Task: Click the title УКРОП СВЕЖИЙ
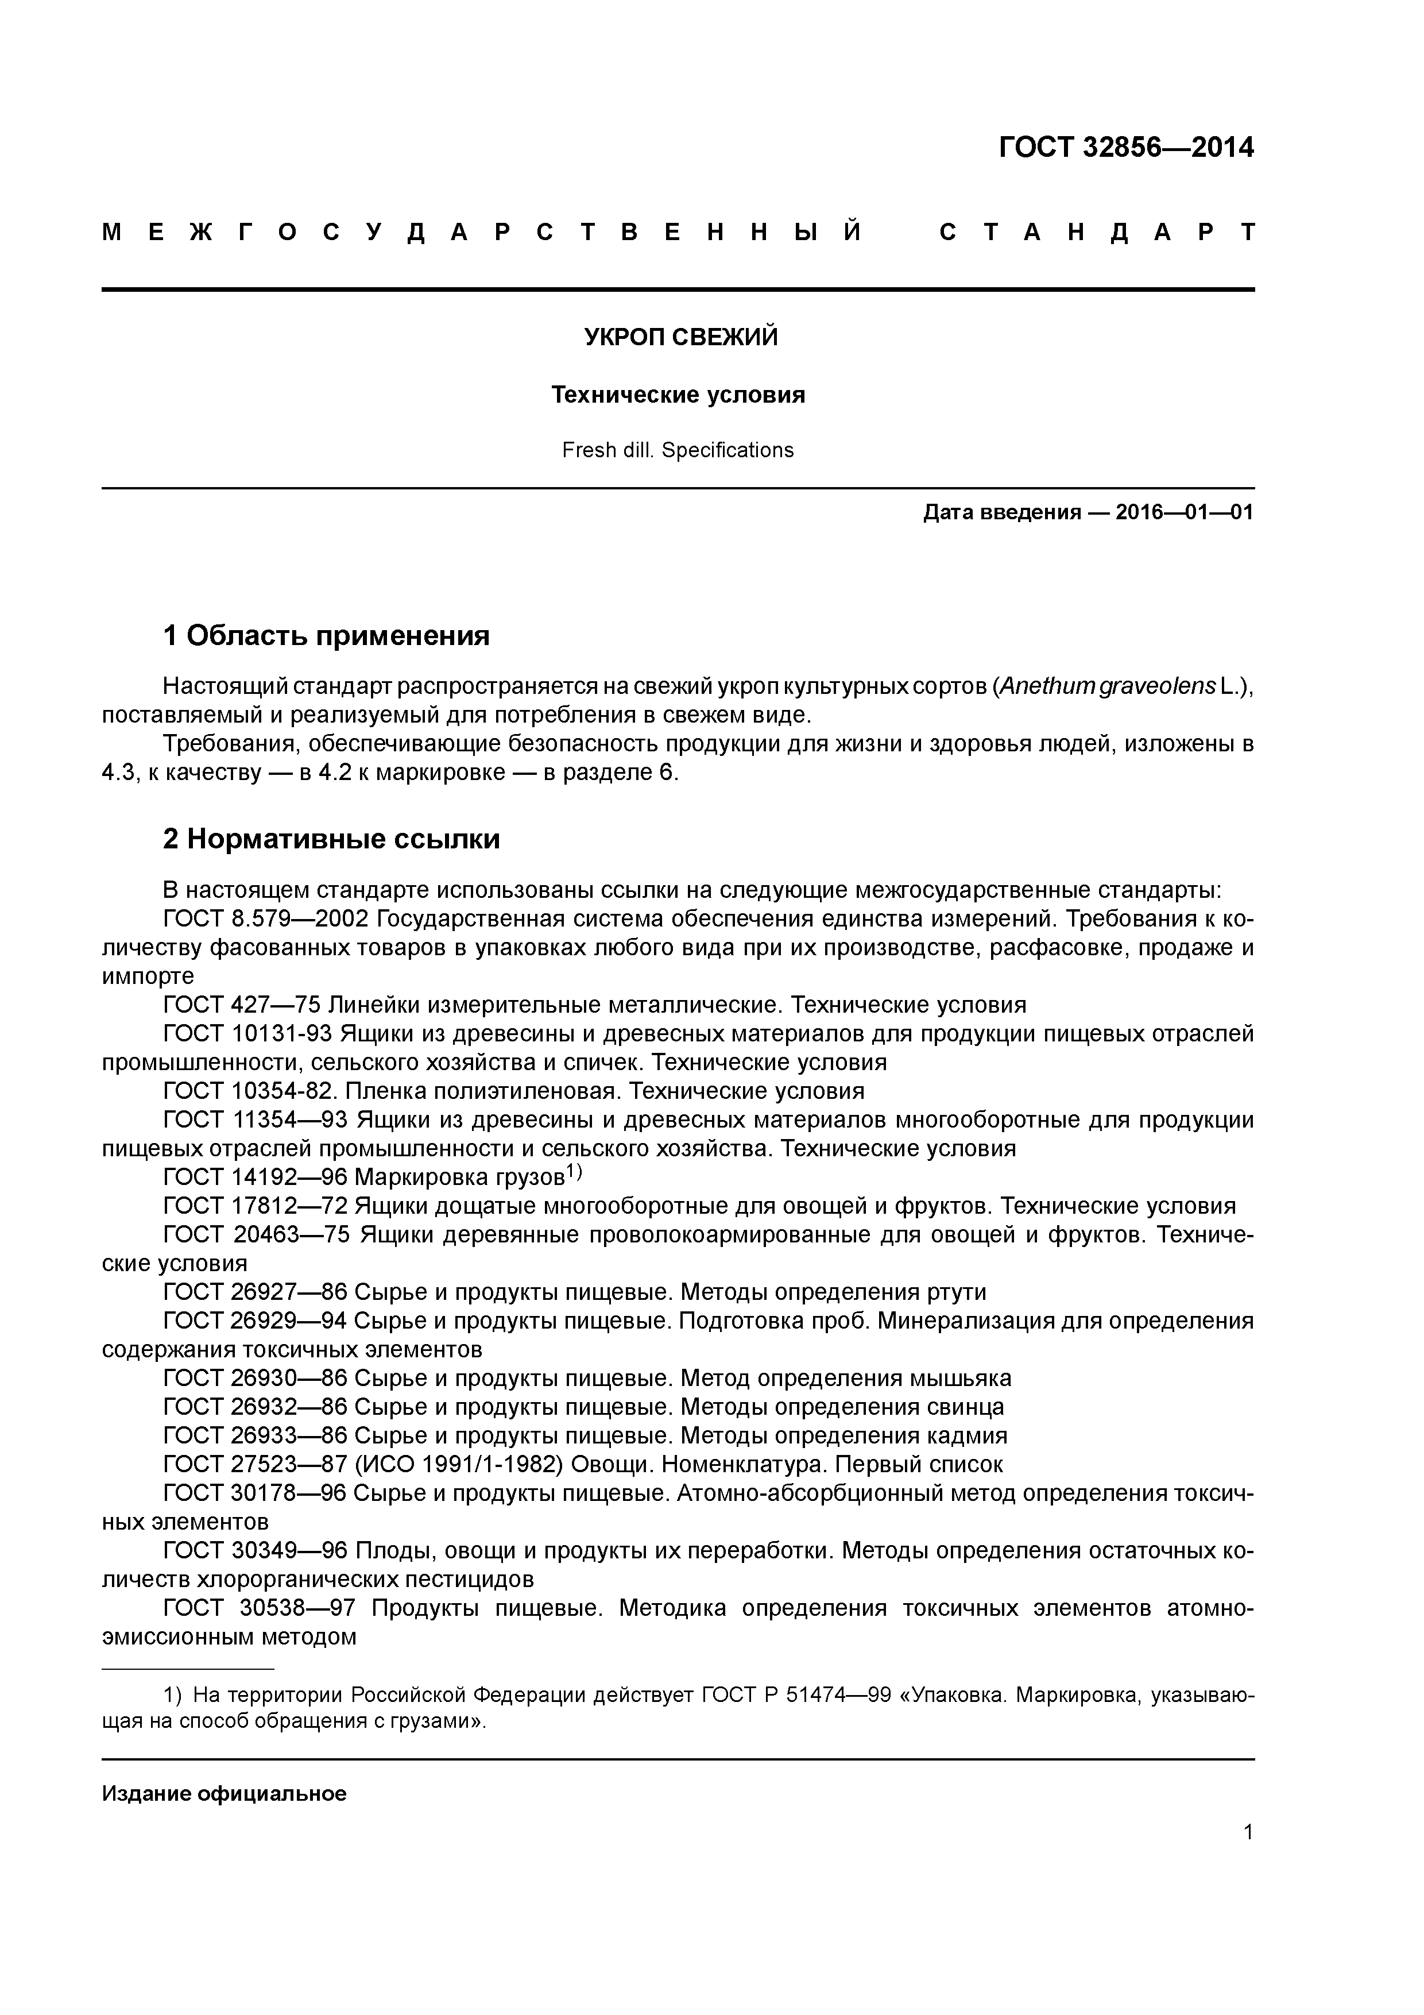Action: pos(681,338)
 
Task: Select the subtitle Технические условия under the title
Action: pos(678,396)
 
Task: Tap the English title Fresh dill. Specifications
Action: pos(678,450)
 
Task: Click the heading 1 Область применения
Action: pos(326,635)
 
